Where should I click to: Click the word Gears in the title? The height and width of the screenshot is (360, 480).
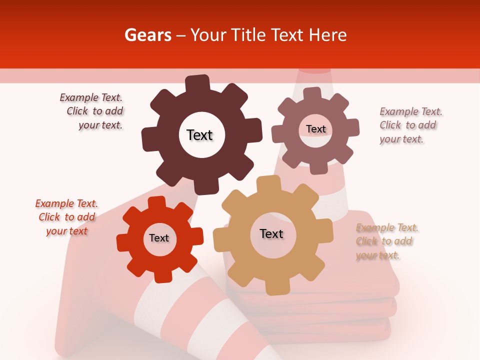click(x=147, y=35)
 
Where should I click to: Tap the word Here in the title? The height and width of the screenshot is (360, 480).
click(x=327, y=35)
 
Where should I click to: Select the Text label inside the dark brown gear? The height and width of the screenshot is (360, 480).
click(x=199, y=135)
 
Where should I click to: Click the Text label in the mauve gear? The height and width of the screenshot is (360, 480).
click(x=315, y=129)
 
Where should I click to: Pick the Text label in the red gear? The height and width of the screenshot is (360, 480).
click(x=159, y=238)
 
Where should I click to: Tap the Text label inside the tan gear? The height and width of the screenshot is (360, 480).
click(x=271, y=233)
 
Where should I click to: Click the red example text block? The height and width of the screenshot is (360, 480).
click(x=67, y=217)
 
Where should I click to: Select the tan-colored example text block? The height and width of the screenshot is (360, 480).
click(x=387, y=241)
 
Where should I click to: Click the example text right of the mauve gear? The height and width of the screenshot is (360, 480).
click(x=410, y=125)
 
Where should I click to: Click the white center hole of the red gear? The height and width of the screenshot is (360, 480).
click(x=159, y=238)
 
